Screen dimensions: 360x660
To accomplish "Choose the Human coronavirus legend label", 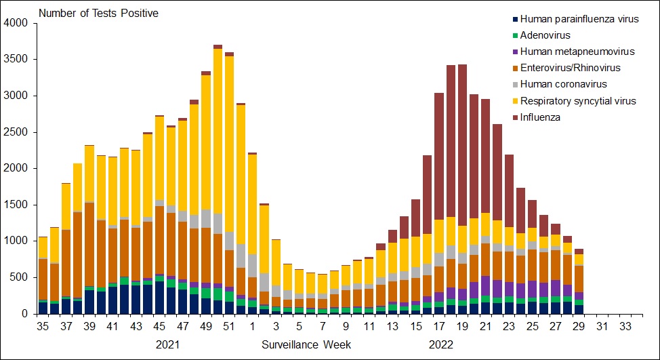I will (x=554, y=85).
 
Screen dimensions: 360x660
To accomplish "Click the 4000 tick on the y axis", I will (x=16, y=23).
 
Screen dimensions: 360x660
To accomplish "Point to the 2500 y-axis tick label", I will (x=16, y=132).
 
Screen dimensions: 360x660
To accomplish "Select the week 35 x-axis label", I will (x=43, y=327).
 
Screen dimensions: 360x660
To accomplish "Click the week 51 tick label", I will (x=228, y=327).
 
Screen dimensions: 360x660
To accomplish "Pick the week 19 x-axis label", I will (x=463, y=327).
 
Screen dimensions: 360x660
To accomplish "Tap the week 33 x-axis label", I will (x=625, y=327).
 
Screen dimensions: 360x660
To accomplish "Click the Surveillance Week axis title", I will (x=306, y=344).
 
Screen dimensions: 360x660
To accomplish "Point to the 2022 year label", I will (x=441, y=344).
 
